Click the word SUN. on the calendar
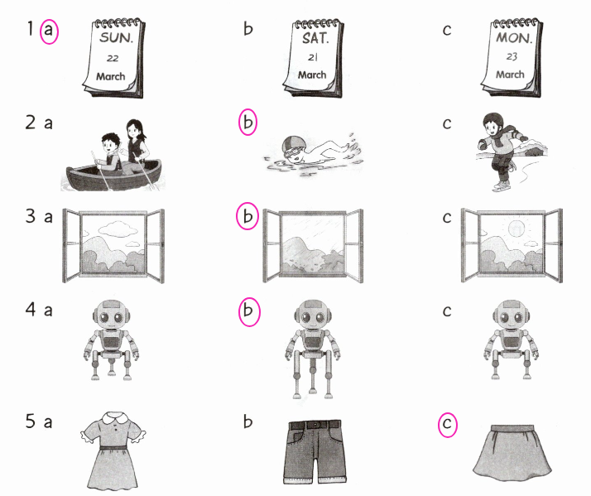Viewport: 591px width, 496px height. click(x=117, y=37)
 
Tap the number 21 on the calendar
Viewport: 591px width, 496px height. click(x=313, y=57)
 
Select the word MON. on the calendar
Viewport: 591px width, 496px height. click(x=514, y=37)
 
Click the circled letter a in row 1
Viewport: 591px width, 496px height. click(x=49, y=31)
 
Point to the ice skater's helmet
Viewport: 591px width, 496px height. click(x=492, y=121)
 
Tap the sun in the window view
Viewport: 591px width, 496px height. click(x=517, y=229)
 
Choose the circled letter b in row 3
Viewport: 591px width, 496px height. click(x=247, y=216)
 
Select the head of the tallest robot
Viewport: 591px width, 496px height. click(x=313, y=314)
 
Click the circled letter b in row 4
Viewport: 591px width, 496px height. click(x=249, y=311)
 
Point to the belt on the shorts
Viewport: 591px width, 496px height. click(x=315, y=425)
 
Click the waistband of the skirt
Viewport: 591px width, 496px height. click(x=512, y=428)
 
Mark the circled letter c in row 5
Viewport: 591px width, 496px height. click(x=448, y=424)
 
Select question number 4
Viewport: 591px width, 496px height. click(x=31, y=310)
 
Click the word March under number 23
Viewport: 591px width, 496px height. click(x=510, y=75)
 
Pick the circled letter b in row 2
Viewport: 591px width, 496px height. click(x=247, y=123)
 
